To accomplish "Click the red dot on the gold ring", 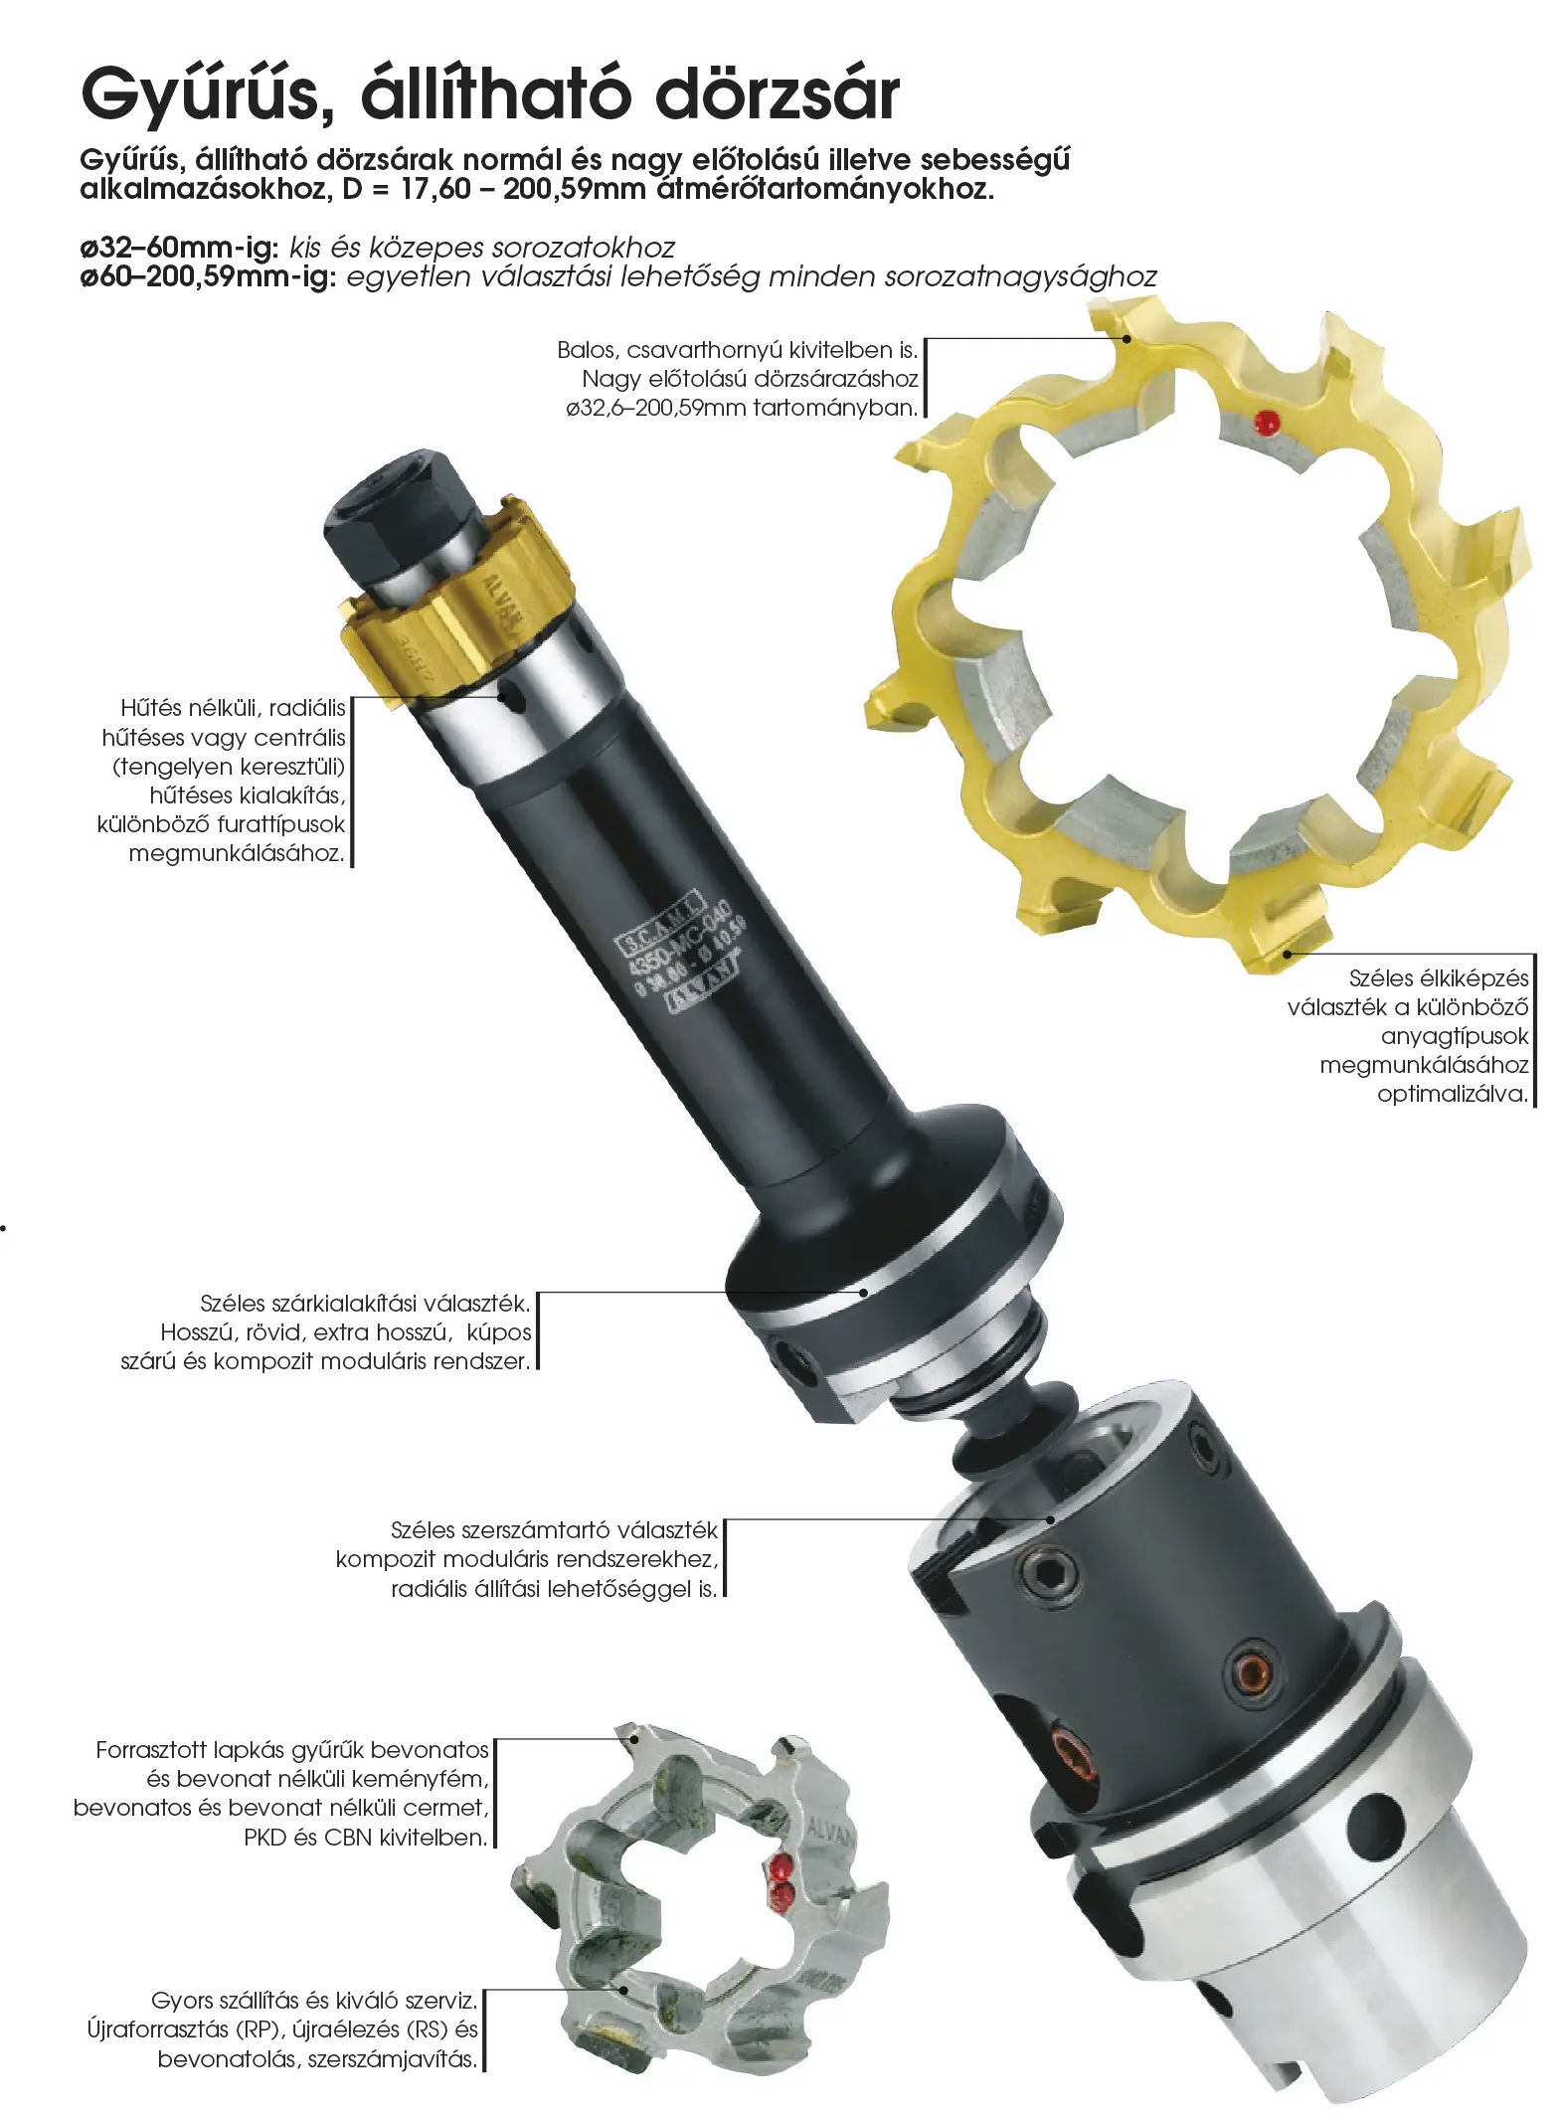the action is [x=1266, y=423].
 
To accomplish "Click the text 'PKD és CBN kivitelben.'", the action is [x=366, y=1838].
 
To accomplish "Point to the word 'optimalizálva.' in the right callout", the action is [x=1453, y=1095].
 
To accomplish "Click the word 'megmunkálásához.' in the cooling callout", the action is [x=237, y=853].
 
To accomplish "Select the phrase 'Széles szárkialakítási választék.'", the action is [x=365, y=1304].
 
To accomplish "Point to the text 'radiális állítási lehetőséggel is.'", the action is [x=554, y=1589].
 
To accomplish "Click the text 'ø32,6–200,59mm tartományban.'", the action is [x=742, y=408].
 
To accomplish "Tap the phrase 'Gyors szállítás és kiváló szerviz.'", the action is [x=314, y=2000].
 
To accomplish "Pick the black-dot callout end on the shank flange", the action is [x=864, y=1293].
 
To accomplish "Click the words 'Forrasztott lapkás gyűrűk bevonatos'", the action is [x=292, y=1750].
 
